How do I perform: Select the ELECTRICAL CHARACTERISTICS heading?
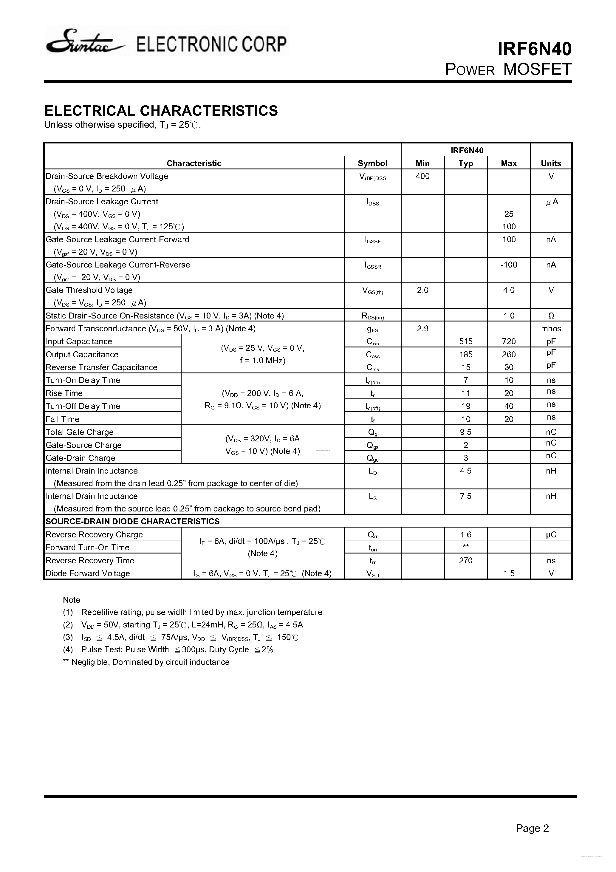click(x=161, y=111)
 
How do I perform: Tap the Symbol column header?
click(x=372, y=163)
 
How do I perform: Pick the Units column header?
click(x=551, y=163)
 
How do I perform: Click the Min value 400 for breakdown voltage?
click(x=422, y=176)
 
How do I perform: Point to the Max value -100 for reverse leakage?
click(x=509, y=265)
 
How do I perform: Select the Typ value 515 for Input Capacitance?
click(x=466, y=341)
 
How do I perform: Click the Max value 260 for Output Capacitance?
click(x=509, y=354)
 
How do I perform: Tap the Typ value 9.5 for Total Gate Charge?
click(x=466, y=432)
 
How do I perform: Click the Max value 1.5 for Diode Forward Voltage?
click(x=509, y=573)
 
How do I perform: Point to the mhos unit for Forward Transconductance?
click(x=551, y=329)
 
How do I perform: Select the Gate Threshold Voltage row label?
click(x=89, y=290)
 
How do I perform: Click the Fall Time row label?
click(x=63, y=419)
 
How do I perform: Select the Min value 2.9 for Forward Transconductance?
click(x=422, y=329)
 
